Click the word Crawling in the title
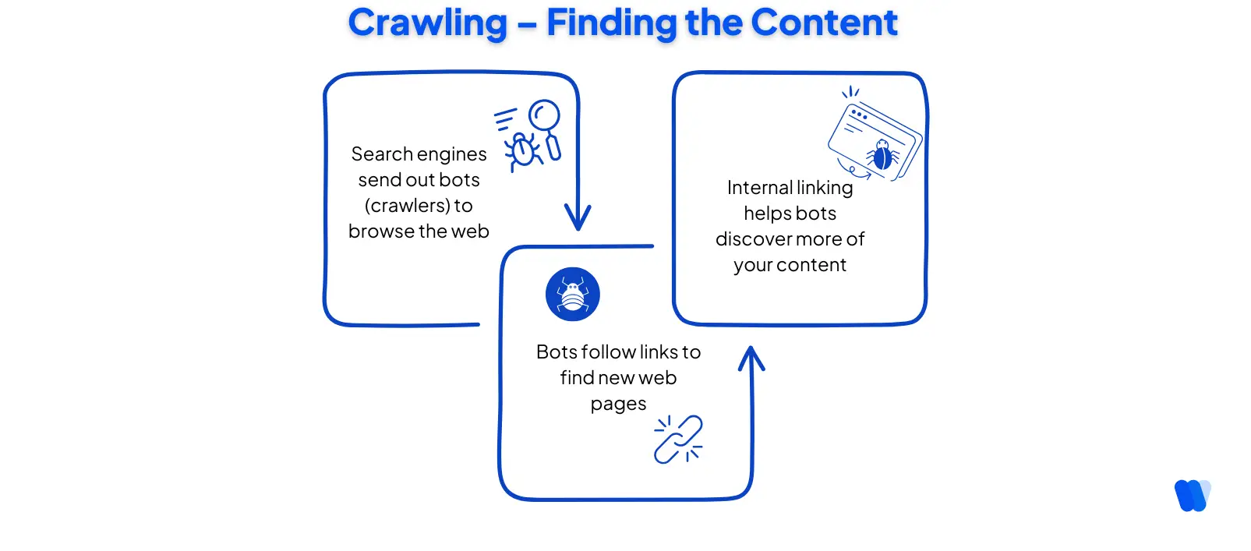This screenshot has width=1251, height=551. (x=427, y=23)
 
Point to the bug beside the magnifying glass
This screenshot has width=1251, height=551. (x=523, y=150)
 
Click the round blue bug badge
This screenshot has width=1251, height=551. (x=573, y=295)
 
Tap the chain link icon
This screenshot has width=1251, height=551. (x=678, y=440)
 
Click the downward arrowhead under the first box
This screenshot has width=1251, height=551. (x=578, y=217)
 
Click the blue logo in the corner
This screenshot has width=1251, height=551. (x=1192, y=496)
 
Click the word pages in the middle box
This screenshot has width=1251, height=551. (x=618, y=404)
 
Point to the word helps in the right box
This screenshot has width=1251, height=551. (x=767, y=214)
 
